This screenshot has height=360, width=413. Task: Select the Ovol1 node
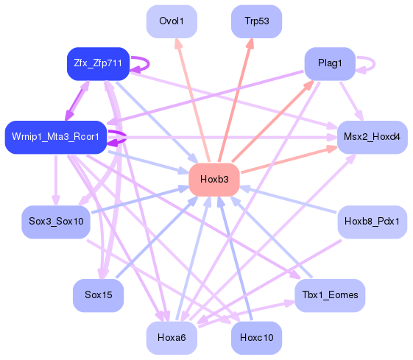point(172,21)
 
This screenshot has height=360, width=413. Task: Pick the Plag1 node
point(330,63)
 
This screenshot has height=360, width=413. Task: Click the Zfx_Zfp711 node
point(98,63)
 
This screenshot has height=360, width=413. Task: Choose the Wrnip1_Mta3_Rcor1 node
point(56,138)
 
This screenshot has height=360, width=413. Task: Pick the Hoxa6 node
point(172,338)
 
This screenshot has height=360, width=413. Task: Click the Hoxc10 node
point(256,338)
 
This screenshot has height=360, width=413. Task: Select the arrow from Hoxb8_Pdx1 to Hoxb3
point(294,201)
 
